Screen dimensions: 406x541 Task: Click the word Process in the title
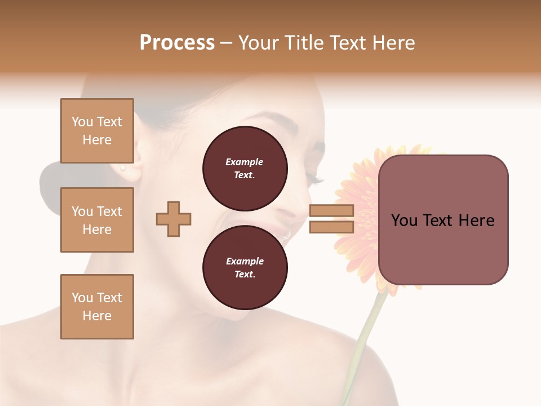[x=177, y=43]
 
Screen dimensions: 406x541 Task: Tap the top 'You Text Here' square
[x=97, y=131]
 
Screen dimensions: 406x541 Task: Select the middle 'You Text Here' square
[x=97, y=220]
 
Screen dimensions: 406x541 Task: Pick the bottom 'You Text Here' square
[x=97, y=307]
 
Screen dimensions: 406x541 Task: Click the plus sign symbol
[x=174, y=219]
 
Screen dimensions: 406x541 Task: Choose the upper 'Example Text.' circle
[x=245, y=168]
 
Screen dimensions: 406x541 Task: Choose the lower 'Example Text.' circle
[x=245, y=267]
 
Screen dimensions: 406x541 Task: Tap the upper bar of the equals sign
[x=331, y=211]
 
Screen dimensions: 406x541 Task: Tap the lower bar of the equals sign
[x=331, y=227]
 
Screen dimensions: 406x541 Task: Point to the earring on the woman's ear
[x=122, y=167]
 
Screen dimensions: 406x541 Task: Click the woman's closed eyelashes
[x=316, y=180]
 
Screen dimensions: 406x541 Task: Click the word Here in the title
[x=390, y=43]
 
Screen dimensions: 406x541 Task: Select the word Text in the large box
[x=444, y=220]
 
